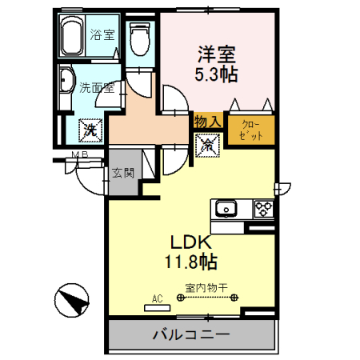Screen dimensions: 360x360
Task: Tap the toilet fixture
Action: click(141, 37)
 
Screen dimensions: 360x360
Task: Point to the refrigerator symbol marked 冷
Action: click(206, 145)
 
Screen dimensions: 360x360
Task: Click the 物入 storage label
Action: click(207, 120)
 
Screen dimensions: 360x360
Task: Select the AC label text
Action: click(157, 298)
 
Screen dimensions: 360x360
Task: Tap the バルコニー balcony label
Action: click(191, 334)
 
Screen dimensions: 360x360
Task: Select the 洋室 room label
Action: click(215, 54)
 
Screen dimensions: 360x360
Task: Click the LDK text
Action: click(190, 242)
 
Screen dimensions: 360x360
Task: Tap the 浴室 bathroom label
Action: click(102, 35)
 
